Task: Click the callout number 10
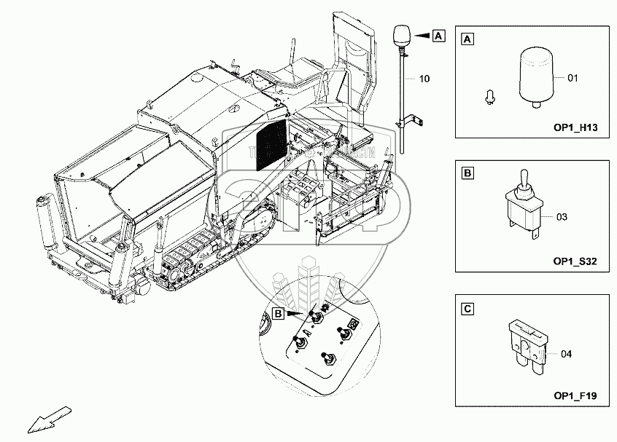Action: click(425, 78)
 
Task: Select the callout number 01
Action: click(573, 76)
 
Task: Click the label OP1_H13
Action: click(576, 128)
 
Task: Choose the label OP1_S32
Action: click(576, 261)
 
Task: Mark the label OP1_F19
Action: click(576, 397)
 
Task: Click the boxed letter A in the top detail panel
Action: click(467, 38)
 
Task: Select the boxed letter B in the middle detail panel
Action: click(467, 173)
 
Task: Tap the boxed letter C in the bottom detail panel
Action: click(467, 310)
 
